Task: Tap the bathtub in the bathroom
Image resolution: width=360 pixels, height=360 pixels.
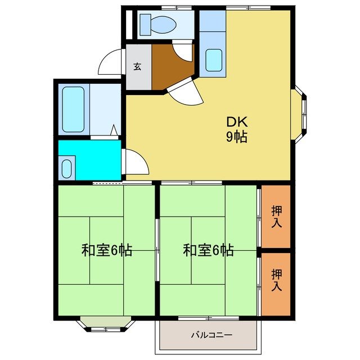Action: click(x=73, y=109)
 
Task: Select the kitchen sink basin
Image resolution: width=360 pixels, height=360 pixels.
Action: click(x=214, y=60)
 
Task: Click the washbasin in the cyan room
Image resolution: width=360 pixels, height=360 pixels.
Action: click(x=67, y=168)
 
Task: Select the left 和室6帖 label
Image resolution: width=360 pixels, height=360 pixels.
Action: click(x=106, y=250)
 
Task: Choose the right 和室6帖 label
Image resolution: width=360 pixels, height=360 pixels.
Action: click(x=208, y=250)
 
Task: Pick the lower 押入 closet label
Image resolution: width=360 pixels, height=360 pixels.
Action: click(x=277, y=280)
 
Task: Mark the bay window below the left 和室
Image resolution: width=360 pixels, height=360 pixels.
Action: click(x=106, y=323)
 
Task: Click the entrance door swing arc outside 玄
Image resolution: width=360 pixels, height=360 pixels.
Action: click(x=111, y=62)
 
